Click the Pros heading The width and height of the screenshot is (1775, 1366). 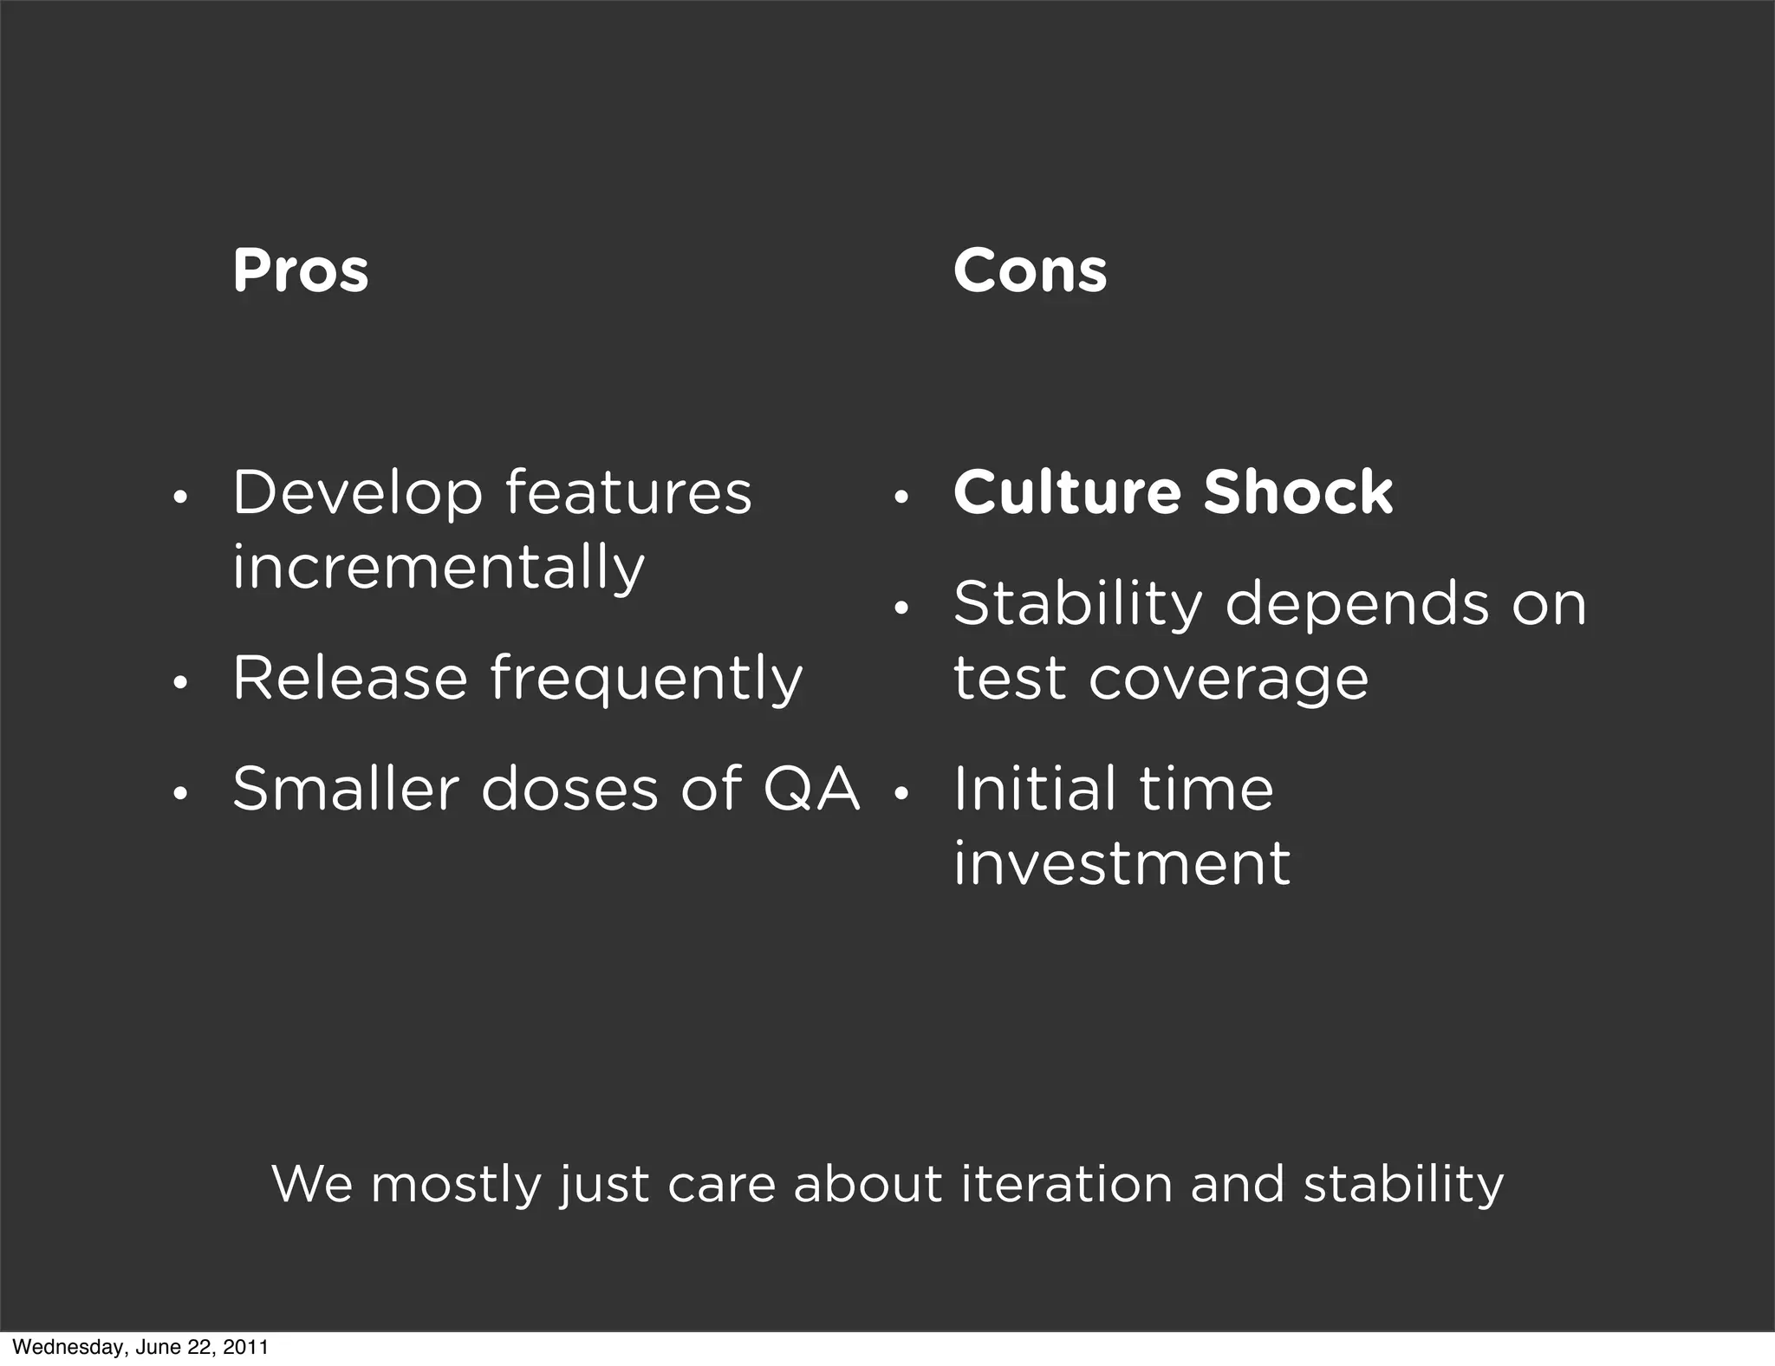click(300, 271)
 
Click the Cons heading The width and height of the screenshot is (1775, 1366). click(1030, 271)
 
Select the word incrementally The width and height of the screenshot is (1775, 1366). click(439, 569)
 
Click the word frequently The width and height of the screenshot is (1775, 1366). click(647, 680)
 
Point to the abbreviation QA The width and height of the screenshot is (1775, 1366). click(811, 790)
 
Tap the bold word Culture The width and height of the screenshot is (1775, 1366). click(1067, 492)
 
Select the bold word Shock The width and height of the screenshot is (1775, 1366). click(1297, 492)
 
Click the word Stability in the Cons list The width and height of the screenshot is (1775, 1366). click(1077, 604)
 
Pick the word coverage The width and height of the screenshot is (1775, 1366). click(1228, 679)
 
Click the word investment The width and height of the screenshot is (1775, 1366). click(1122, 864)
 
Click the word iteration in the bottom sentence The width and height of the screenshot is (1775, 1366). click(1066, 1184)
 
